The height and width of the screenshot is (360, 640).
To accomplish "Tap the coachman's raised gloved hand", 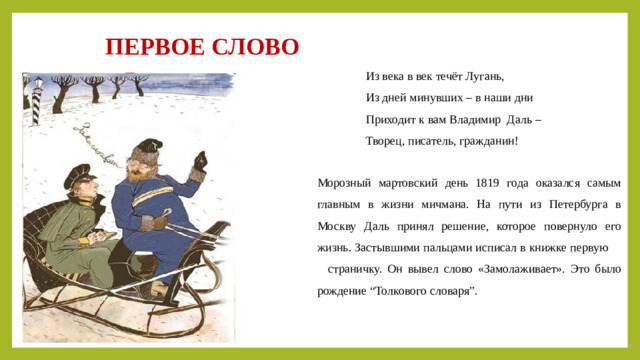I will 200,160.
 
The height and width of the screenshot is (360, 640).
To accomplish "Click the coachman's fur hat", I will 149,148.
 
